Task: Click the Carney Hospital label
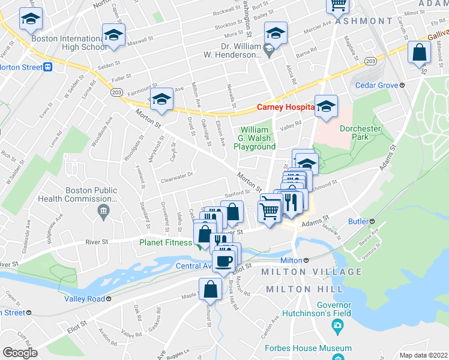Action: pyautogui.click(x=286, y=107)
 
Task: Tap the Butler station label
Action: pyautogui.click(x=358, y=221)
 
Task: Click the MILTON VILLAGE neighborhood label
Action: pyautogui.click(x=312, y=272)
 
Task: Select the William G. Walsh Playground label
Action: pyautogui.click(x=258, y=138)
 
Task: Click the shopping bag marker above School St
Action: pyautogui.click(x=211, y=290)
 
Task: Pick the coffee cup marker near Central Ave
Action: pyautogui.click(x=224, y=261)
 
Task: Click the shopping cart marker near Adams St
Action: pyautogui.click(x=270, y=211)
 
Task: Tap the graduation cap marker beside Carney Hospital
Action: pyautogui.click(x=326, y=106)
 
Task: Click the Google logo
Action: pyautogui.click(x=20, y=352)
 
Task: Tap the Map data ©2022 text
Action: pyautogui.click(x=423, y=355)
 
